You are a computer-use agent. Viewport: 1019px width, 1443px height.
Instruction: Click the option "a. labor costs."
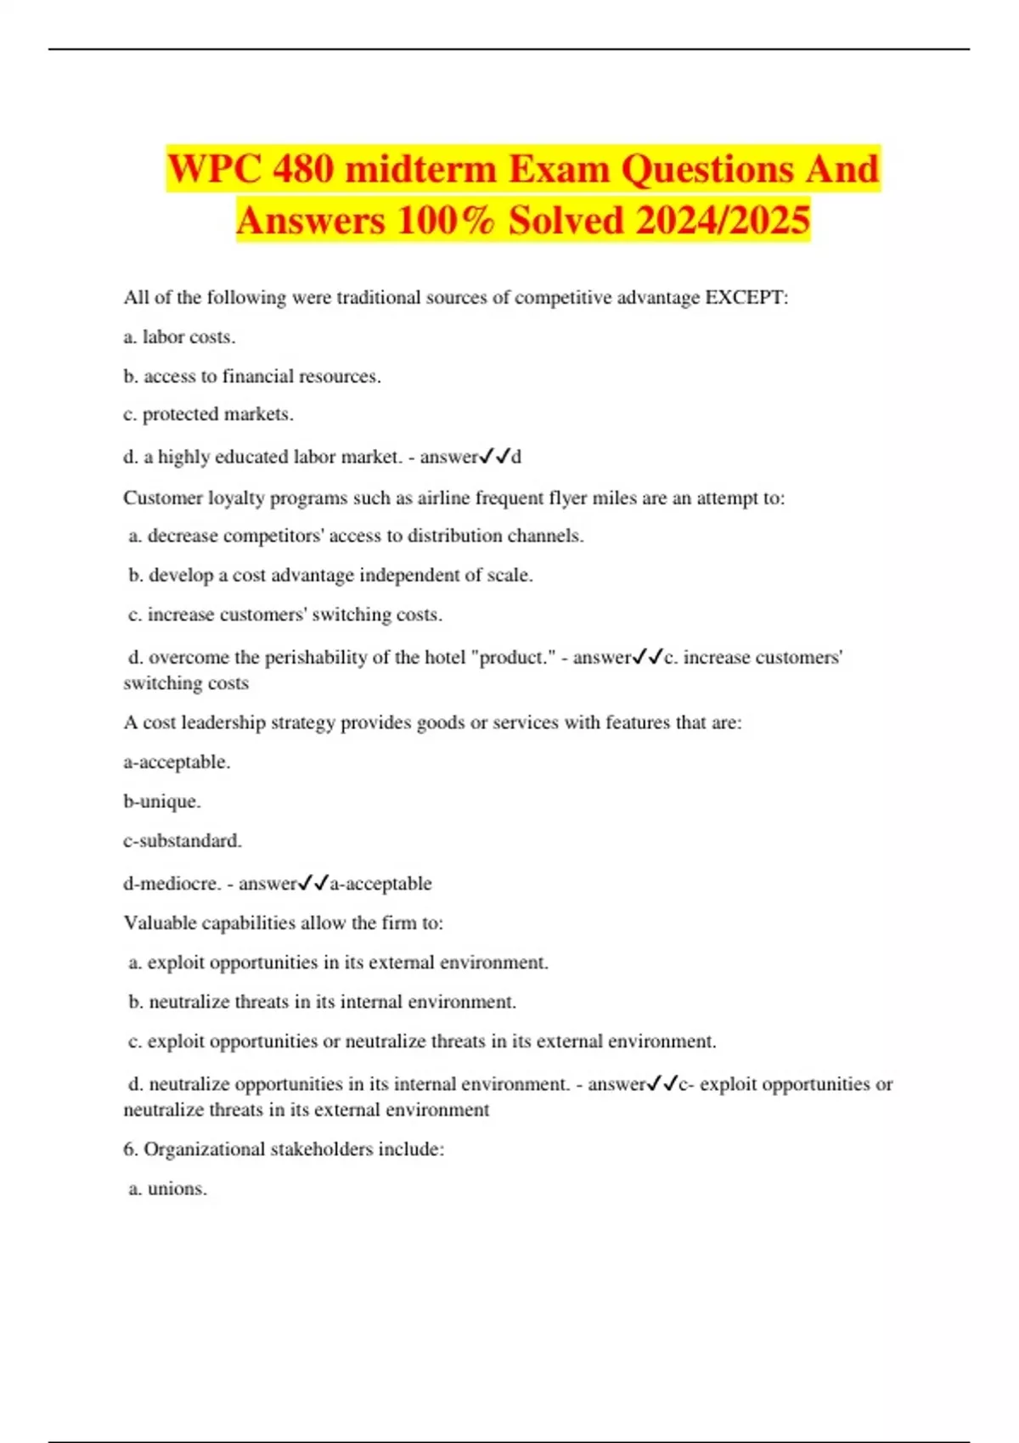pyautogui.click(x=179, y=337)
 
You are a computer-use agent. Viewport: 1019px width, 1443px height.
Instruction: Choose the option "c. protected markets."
pyautogui.click(x=208, y=414)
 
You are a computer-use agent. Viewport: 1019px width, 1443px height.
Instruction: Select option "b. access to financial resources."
pyautogui.click(x=252, y=376)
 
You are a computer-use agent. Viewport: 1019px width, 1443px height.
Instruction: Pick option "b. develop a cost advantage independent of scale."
pyautogui.click(x=330, y=576)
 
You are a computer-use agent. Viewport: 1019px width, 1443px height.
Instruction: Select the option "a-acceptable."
pyautogui.click(x=177, y=762)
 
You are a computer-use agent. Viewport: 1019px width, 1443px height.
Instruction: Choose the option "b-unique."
pyautogui.click(x=162, y=801)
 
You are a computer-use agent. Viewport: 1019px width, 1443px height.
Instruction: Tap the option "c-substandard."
pyautogui.click(x=183, y=840)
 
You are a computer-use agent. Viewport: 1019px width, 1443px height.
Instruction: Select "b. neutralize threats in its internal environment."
pyautogui.click(x=322, y=1002)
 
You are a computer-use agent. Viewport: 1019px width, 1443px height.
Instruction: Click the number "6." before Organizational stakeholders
pyautogui.click(x=131, y=1149)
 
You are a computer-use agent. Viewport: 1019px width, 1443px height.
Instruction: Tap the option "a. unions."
pyautogui.click(x=167, y=1188)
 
